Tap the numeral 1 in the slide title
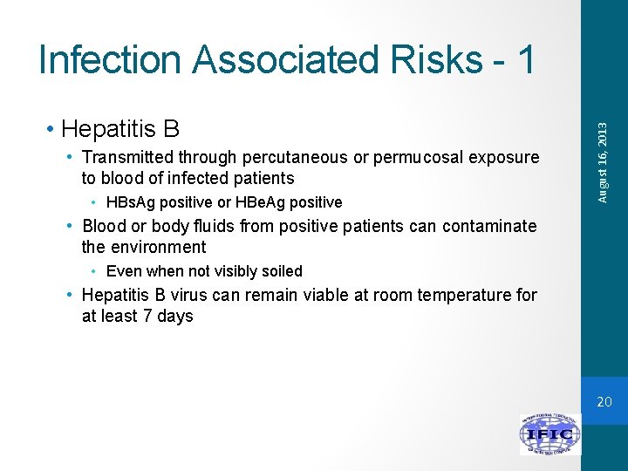pyautogui.click(x=524, y=59)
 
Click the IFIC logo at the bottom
pyautogui.click(x=549, y=433)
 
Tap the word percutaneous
pyautogui.click(x=295, y=158)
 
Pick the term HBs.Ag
pyautogui.click(x=130, y=202)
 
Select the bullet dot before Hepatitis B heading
pyautogui.click(x=53, y=130)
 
